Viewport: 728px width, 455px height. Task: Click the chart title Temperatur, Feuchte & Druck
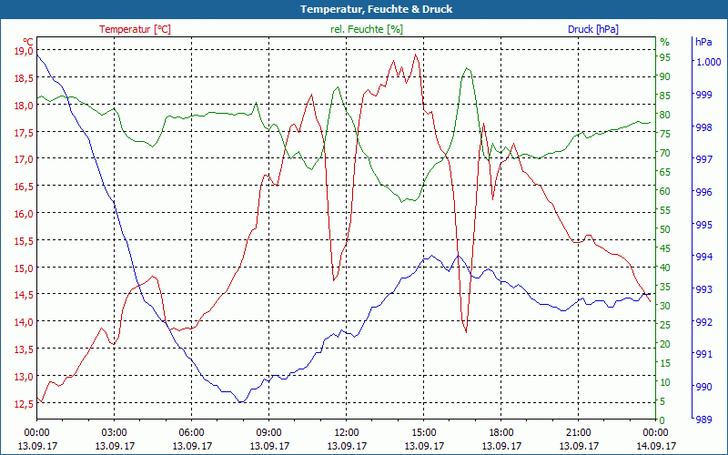[x=363, y=9]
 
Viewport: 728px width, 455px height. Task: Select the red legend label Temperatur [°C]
[x=135, y=29]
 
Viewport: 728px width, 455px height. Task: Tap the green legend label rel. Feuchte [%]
[x=366, y=29]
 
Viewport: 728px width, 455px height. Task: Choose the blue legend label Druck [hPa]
[x=592, y=29]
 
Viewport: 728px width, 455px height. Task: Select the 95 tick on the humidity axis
[x=665, y=57]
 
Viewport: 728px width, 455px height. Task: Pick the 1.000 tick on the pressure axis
[x=708, y=62]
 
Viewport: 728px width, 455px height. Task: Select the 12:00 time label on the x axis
[x=346, y=432]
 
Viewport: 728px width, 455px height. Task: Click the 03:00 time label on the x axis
[x=114, y=432]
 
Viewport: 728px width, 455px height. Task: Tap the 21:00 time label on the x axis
[x=578, y=432]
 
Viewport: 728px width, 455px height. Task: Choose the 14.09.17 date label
[x=655, y=446]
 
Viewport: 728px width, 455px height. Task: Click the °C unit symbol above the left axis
[x=28, y=41]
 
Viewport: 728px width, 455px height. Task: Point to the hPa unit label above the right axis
[x=703, y=42]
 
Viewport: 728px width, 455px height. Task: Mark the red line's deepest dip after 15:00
[x=466, y=332]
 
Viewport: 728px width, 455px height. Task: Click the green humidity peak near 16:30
[x=467, y=68]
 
